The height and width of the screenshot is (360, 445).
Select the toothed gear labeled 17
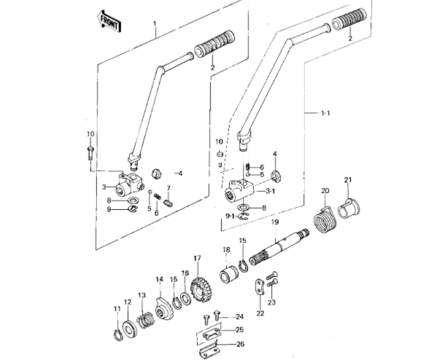(x=198, y=290)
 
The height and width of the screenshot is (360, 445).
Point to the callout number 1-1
(x=325, y=113)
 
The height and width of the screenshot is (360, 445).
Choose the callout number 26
(x=241, y=344)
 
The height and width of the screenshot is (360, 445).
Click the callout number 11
(x=117, y=309)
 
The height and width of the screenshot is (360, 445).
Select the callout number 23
(x=271, y=302)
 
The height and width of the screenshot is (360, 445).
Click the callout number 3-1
(x=270, y=191)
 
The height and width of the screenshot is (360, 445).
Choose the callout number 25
(x=241, y=329)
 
